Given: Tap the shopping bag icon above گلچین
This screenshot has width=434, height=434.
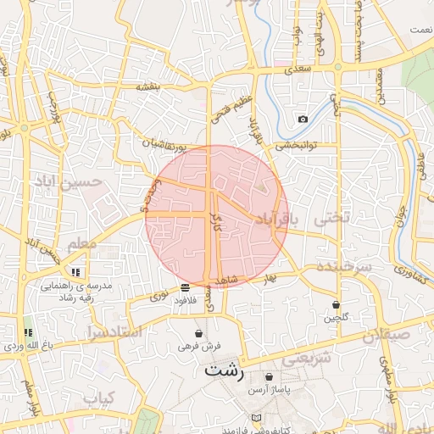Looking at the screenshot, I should click(337, 303).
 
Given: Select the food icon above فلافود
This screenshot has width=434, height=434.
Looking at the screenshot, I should click(185, 288).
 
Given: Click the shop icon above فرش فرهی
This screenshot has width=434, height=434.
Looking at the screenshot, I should click(198, 333).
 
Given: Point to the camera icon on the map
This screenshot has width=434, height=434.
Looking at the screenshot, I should click(303, 119).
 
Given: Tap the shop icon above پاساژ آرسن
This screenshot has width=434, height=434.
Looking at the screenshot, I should click(269, 377).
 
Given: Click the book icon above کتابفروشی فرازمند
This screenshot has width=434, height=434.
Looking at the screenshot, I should click(256, 419).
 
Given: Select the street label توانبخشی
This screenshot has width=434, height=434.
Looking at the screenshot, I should click(294, 145).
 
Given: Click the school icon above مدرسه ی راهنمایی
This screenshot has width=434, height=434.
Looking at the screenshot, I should click(75, 272).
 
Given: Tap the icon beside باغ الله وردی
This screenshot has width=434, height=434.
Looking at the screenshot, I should click(28, 332).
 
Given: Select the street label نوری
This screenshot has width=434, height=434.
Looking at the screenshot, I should click(159, 296).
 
